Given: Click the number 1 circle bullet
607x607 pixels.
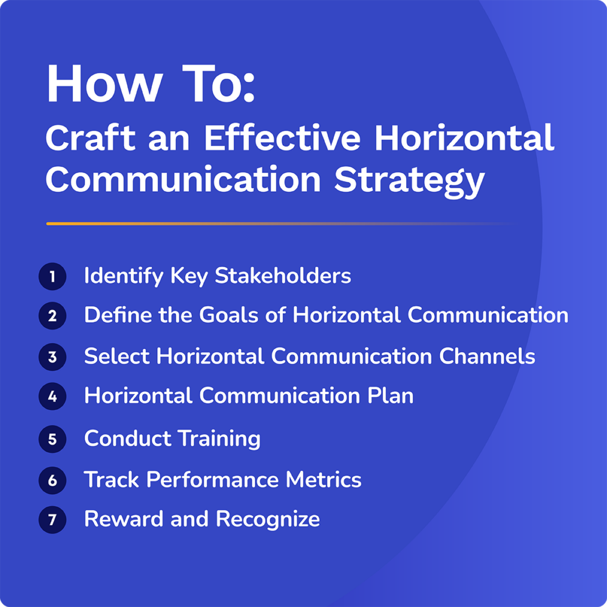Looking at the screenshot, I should pos(52,277).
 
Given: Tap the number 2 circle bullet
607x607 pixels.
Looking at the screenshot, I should pos(52,316).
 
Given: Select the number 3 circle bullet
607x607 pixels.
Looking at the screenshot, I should pos(52,357).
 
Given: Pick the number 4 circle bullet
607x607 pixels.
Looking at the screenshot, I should pos(52,397).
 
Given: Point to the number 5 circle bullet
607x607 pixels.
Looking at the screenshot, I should pos(52,439).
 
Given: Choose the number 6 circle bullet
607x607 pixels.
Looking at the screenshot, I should pos(52,481).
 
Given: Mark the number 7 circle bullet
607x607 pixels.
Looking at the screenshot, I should pos(52,520).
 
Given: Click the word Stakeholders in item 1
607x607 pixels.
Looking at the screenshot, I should pos(283,276).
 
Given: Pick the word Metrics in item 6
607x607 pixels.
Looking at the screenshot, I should pos(324,480).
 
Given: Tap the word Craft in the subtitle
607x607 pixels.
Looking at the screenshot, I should pos(89,139).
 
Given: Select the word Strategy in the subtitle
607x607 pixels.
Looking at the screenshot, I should pos(410,180).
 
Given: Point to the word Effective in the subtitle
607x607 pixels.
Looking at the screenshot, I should pos(282,139).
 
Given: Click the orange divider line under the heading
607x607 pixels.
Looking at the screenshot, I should pos(182,224).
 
